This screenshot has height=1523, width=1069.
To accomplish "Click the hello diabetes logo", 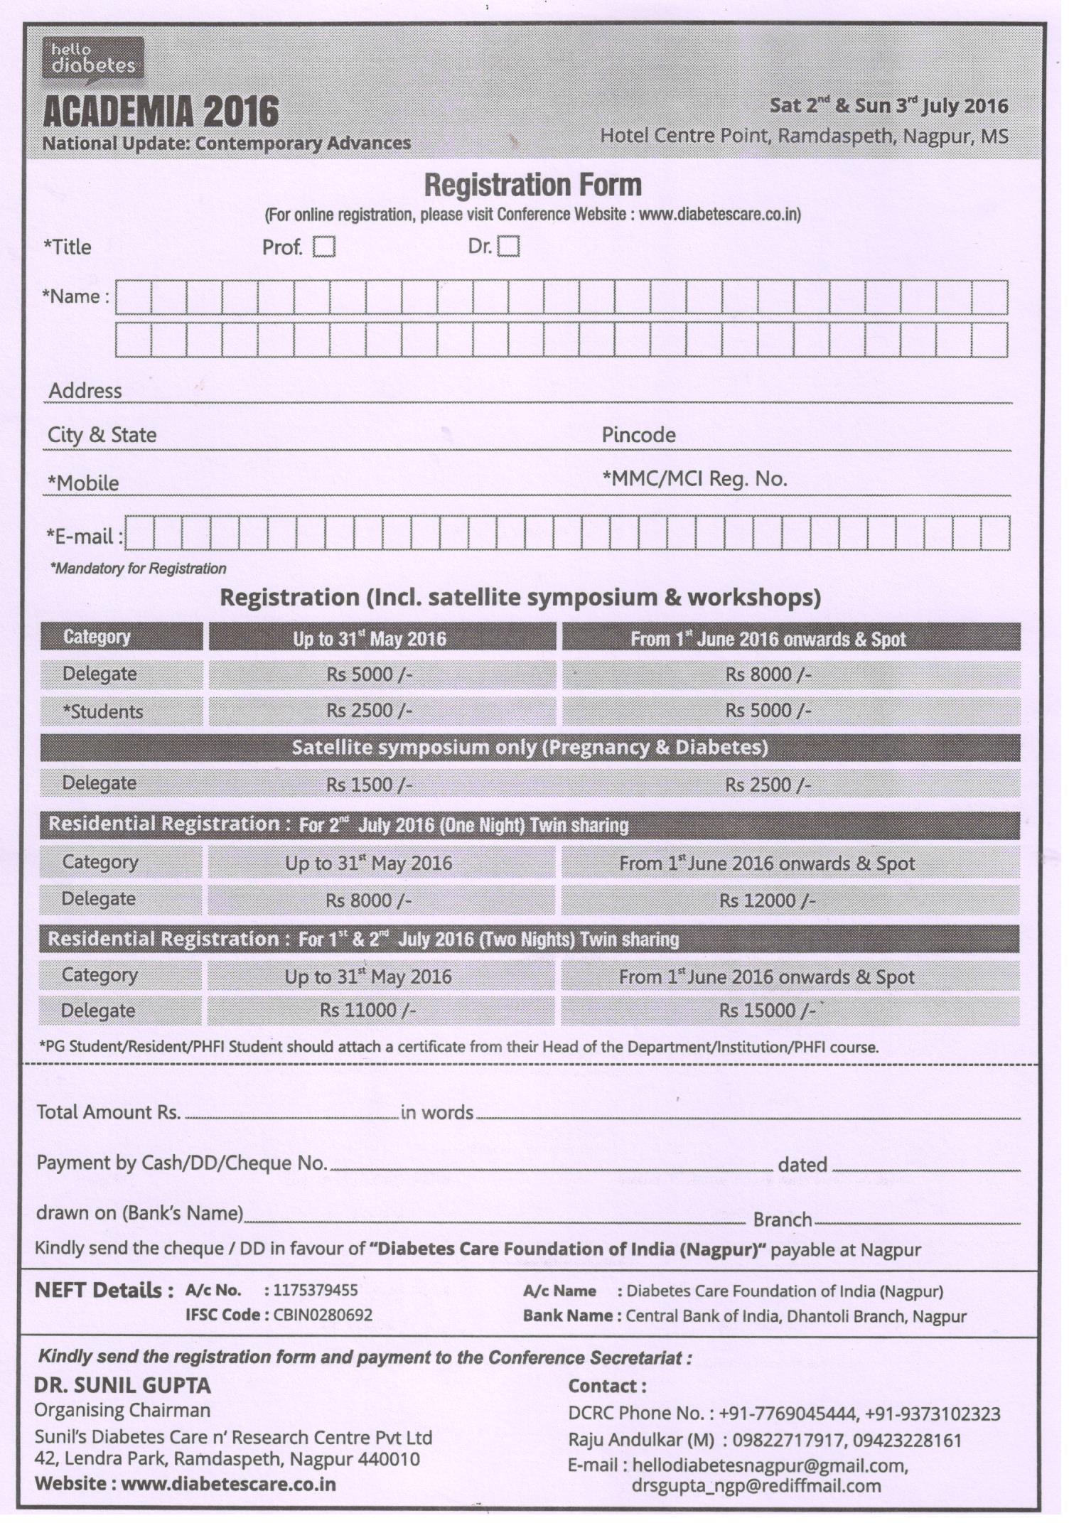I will (92, 58).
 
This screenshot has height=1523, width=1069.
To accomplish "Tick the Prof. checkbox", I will (324, 247).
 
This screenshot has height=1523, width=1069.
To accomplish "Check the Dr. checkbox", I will (508, 247).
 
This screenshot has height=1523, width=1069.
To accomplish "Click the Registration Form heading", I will (532, 185).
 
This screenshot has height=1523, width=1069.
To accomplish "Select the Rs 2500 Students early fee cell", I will (369, 711).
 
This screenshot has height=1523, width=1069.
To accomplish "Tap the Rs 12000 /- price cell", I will (767, 900).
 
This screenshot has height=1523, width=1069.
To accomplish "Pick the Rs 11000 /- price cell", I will (367, 1010).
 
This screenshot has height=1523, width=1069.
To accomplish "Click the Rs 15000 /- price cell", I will (767, 1010).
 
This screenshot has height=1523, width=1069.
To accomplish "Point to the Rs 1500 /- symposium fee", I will (369, 785).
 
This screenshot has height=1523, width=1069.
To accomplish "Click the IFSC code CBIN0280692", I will (323, 1315).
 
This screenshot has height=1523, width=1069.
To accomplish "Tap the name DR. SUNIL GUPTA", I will (122, 1385).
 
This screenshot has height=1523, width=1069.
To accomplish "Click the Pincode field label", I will (638, 435).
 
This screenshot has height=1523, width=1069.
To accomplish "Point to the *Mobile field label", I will (83, 483).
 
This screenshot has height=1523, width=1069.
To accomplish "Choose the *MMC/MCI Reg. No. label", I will (694, 479).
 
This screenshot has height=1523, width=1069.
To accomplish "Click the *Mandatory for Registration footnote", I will (138, 569).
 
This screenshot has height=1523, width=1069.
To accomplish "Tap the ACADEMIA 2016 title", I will (161, 112).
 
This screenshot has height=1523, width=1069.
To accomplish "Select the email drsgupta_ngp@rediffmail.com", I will (756, 1485).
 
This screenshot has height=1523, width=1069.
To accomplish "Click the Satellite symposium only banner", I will (530, 748).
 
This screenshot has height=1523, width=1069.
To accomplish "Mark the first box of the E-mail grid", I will (139, 534).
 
